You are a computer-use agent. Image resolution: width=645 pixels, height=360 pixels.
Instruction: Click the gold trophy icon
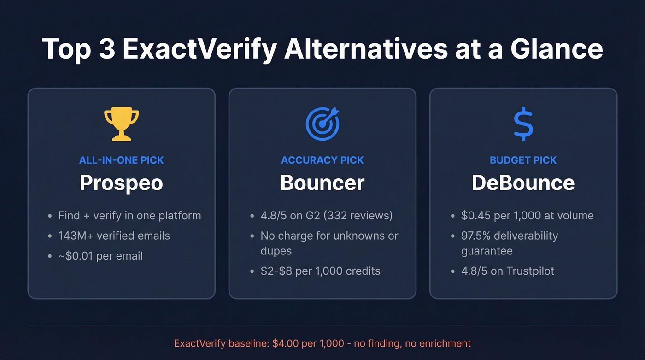point(122,124)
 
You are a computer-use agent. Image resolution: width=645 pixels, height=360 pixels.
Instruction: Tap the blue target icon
point(322,124)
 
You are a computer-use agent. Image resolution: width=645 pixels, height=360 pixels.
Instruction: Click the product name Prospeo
point(122,183)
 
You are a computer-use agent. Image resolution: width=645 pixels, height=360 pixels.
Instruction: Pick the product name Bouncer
point(322,183)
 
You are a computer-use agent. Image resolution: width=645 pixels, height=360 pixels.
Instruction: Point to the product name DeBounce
point(523,183)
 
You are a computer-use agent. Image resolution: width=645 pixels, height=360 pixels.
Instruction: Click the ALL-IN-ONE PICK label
point(122,160)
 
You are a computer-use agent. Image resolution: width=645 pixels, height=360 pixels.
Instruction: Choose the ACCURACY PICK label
point(322,160)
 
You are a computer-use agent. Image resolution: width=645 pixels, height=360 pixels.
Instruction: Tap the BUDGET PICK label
point(523,160)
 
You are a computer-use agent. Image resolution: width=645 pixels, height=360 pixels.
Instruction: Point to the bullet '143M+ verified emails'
point(114,236)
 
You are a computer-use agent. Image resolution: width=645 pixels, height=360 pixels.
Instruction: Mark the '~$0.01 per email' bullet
point(100,256)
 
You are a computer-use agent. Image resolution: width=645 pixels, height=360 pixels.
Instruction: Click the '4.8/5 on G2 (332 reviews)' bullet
point(326,215)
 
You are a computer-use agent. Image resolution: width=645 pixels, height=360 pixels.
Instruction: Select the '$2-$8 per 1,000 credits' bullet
point(321,271)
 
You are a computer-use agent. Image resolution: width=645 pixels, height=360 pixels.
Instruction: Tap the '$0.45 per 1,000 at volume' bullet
point(527,215)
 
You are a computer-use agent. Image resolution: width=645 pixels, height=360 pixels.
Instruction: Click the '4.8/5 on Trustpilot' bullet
point(508,271)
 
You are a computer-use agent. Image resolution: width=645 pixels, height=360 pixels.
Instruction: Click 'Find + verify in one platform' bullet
point(129,215)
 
